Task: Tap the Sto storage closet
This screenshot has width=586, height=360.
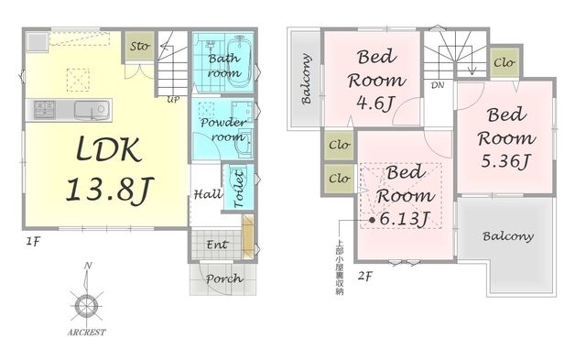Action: point(140,46)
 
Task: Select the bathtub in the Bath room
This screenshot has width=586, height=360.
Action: point(239,61)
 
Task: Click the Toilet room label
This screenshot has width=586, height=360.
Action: point(239,189)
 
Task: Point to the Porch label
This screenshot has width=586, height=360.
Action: point(223,278)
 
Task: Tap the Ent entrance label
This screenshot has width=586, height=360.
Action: point(218,245)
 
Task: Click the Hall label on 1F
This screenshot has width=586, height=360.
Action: point(208,194)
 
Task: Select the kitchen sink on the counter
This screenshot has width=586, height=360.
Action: point(92,110)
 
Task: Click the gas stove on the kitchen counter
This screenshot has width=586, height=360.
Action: point(45,110)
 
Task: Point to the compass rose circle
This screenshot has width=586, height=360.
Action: point(86,307)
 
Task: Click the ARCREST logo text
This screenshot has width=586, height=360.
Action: point(86,332)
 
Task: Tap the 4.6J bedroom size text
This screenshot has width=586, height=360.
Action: point(374,103)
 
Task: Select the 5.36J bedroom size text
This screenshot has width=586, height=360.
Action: point(505,161)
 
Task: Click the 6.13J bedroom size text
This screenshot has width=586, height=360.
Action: point(405,218)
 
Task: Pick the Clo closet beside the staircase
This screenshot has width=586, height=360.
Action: point(505,62)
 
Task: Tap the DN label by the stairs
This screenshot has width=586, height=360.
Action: point(438,85)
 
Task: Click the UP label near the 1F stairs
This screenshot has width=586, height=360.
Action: point(173,100)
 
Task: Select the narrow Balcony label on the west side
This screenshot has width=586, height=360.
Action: point(306,79)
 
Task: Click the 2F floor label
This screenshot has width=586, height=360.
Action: point(365,277)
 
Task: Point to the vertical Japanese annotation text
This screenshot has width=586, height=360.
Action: point(340,267)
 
